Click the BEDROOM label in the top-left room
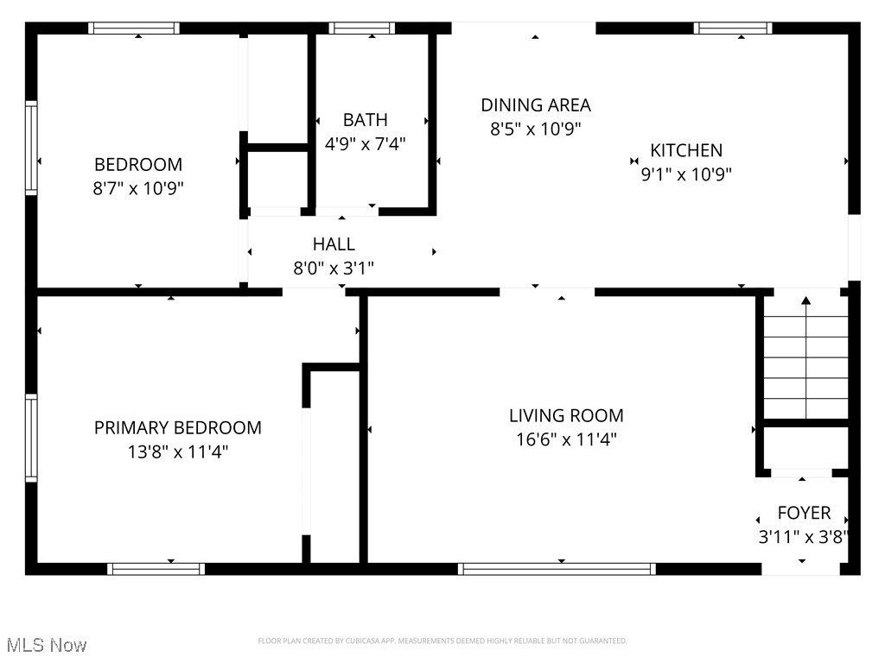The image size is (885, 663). point(138,164)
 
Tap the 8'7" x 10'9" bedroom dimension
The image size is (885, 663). point(138,187)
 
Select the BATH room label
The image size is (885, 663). point(365,120)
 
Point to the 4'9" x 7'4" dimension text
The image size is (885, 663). point(365,143)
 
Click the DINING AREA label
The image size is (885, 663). point(536,105)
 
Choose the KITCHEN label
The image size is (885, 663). point(686,150)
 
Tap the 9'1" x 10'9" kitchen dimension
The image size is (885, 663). point(686,174)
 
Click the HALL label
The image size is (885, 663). point(334,244)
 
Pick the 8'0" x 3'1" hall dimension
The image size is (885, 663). point(334,268)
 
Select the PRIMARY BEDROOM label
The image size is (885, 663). point(177,427)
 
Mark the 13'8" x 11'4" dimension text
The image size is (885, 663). point(177,451)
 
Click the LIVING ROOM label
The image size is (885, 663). point(566,416)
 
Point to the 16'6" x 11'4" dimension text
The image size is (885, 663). point(566,439)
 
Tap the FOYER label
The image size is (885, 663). point(804,513)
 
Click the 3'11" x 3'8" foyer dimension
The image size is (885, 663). point(803,536)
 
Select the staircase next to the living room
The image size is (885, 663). point(805,358)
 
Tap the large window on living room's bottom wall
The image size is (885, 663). point(557,568)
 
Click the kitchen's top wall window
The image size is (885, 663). point(733,28)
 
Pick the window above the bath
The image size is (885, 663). point(362,28)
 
